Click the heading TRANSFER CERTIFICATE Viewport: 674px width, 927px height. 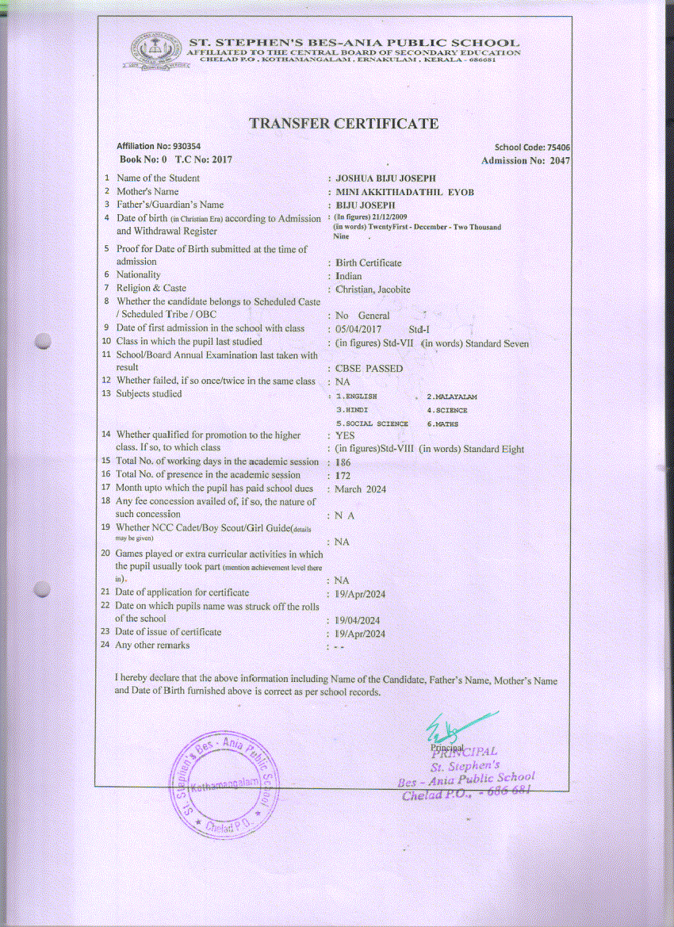coord(343,124)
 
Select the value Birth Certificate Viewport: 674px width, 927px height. coord(369,262)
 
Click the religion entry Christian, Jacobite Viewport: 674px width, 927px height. coord(373,289)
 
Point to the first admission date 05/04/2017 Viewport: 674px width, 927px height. coord(359,328)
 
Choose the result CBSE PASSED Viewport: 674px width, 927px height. coord(370,369)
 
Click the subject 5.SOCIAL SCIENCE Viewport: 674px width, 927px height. coord(372,424)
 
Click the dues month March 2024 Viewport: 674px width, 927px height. coord(361,489)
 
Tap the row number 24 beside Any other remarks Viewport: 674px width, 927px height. coord(105,645)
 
